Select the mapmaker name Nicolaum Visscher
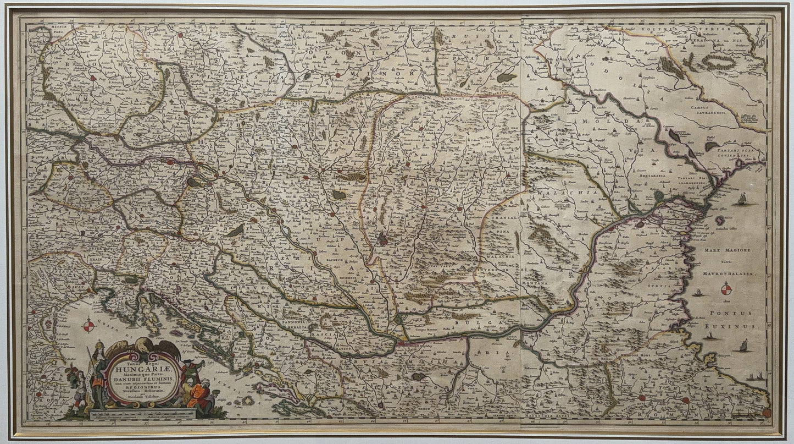click(x=143, y=396)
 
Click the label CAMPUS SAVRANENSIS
click(x=713, y=108)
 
